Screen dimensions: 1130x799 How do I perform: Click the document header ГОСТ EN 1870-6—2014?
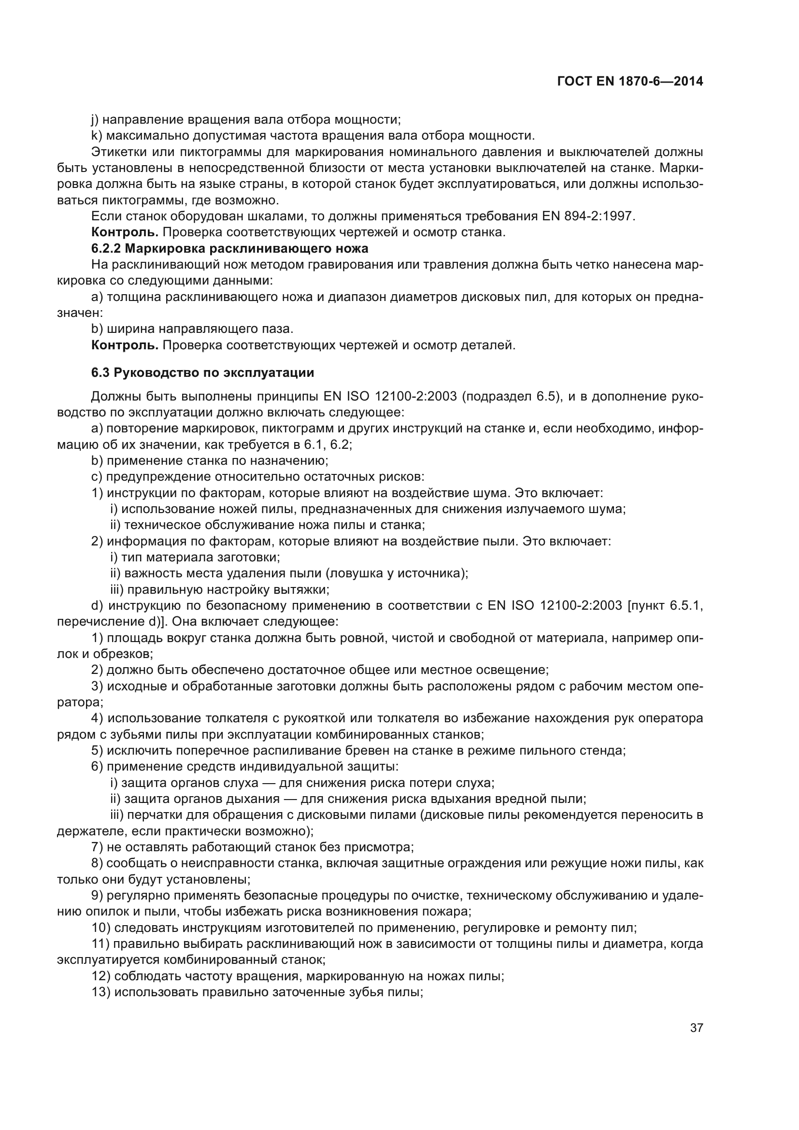click(630, 82)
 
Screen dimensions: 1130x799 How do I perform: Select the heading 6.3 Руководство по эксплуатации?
click(203, 372)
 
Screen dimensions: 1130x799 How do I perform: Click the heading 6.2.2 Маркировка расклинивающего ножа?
click(230, 248)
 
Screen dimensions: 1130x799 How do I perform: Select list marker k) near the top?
click(97, 135)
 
